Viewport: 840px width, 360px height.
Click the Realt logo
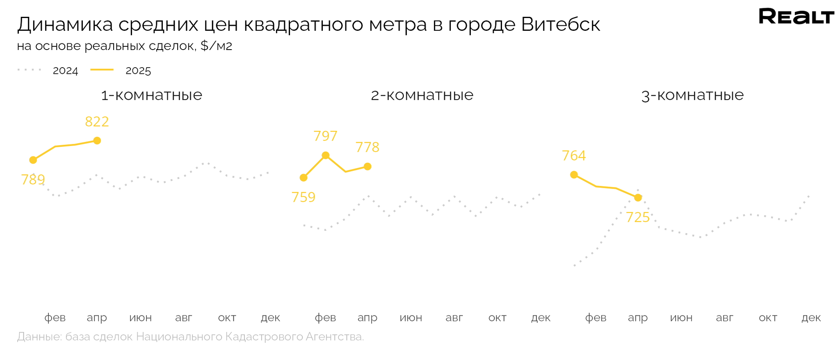tap(796, 16)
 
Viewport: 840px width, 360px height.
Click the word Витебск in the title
tap(561, 25)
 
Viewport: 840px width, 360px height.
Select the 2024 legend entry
tap(65, 71)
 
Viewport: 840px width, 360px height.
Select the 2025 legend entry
tap(138, 71)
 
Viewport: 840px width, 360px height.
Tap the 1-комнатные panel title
tap(151, 95)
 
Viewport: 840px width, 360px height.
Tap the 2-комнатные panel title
tap(422, 95)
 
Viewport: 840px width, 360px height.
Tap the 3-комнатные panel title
tap(692, 95)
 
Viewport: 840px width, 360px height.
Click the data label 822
tap(97, 122)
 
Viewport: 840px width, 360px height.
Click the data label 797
tap(325, 136)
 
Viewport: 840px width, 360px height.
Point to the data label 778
tap(367, 147)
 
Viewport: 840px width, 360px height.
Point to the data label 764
tap(573, 156)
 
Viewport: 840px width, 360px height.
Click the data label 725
tap(638, 217)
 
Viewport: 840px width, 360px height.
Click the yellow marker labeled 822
tap(97, 141)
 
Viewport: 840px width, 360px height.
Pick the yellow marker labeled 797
tap(325, 155)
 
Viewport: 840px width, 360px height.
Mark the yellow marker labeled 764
tap(574, 175)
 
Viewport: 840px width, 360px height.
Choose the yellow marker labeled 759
tap(304, 178)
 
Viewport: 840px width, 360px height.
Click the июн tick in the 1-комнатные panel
tap(140, 318)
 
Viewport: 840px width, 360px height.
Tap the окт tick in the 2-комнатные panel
tap(497, 318)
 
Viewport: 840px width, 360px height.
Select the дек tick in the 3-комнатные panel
tap(811, 318)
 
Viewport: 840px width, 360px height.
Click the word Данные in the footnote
tap(39, 337)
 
